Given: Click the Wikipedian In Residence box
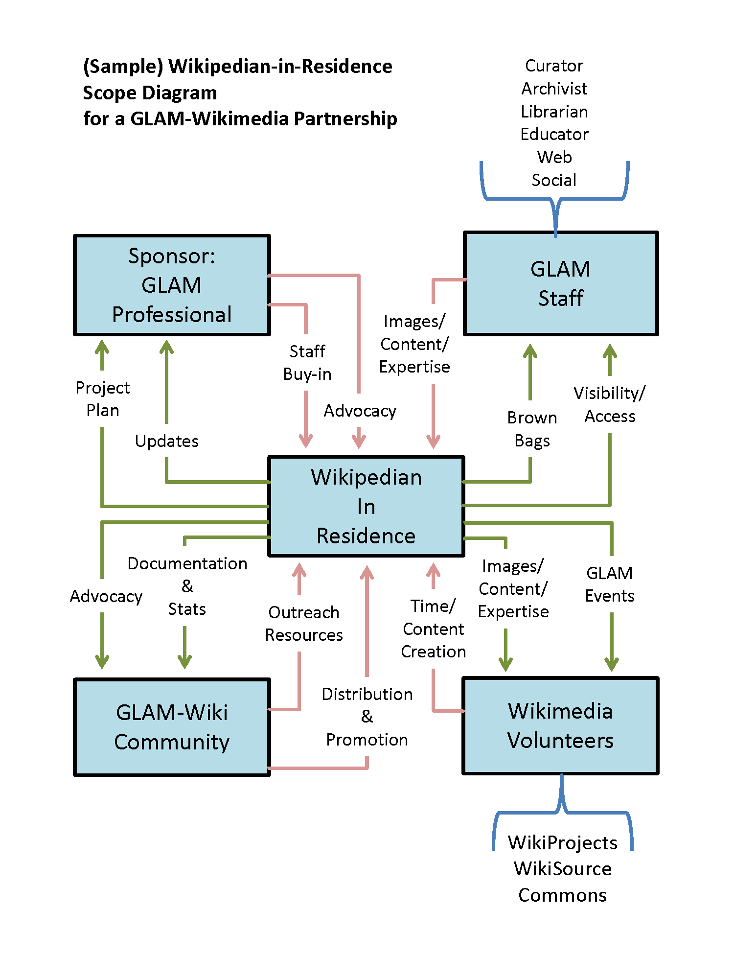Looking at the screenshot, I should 366,506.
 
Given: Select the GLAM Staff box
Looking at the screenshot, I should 561,283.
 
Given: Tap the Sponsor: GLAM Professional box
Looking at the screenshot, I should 172,285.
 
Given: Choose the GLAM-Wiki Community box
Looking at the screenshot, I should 172,727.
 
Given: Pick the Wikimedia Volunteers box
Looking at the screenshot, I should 561,725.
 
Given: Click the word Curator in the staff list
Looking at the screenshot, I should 554,66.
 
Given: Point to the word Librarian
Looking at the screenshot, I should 554,112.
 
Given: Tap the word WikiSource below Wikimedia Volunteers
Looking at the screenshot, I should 563,869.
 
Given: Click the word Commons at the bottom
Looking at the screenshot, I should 563,895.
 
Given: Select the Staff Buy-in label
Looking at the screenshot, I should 307,363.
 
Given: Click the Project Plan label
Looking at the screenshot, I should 103,399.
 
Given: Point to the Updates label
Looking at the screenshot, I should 167,441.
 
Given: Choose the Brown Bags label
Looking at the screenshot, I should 532,429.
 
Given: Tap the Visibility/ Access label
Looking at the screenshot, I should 610,404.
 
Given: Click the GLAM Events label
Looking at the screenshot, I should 610,584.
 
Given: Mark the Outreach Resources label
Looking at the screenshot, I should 304,624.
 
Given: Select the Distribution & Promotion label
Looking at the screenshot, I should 367,717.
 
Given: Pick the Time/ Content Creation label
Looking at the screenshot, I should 434,629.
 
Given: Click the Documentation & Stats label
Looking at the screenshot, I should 187,586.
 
